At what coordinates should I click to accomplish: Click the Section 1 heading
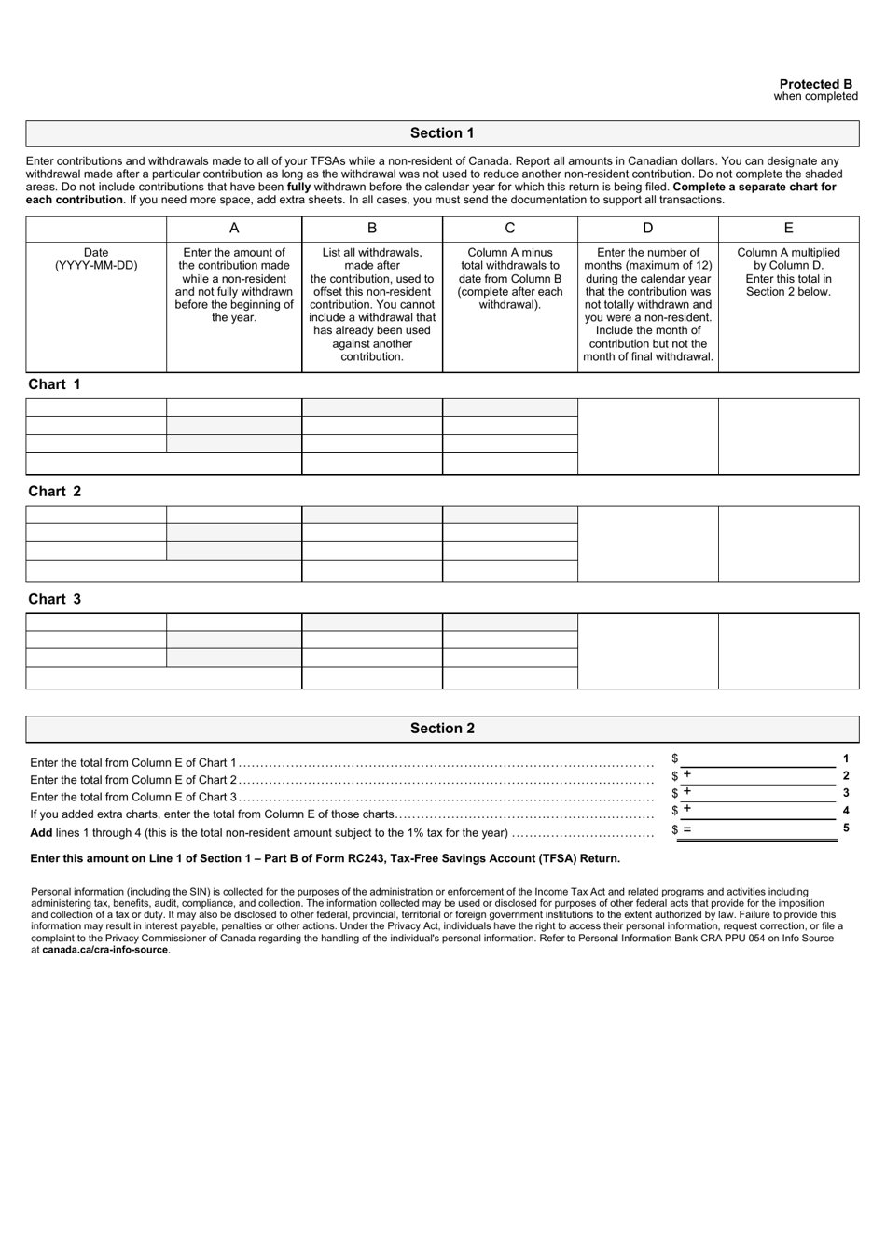[442, 133]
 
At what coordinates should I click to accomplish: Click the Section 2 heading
[442, 729]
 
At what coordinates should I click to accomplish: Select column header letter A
[234, 229]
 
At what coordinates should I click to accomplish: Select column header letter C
[510, 229]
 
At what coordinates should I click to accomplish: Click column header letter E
[788, 229]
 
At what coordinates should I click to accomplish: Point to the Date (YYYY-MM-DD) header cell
[96, 259]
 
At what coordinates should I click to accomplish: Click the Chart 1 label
[54, 384]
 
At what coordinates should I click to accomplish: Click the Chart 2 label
[54, 492]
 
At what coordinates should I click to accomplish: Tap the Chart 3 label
[54, 599]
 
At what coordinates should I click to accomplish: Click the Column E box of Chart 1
[788, 437]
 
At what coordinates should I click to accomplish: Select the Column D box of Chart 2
[648, 544]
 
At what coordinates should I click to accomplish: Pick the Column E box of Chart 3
[788, 651]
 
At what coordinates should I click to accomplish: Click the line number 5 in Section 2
[846, 828]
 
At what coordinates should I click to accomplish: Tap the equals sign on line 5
[687, 828]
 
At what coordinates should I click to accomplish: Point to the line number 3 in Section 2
[846, 792]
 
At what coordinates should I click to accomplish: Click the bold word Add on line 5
[41, 833]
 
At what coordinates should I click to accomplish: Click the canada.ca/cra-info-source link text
[105, 950]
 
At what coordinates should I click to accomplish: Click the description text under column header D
[648, 304]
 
